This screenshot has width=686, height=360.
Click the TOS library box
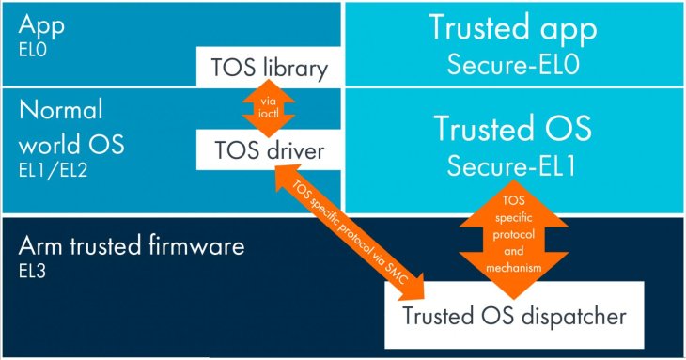[x=262, y=69]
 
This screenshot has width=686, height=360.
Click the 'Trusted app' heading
[x=514, y=27]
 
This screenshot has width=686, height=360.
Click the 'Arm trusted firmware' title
[x=133, y=247]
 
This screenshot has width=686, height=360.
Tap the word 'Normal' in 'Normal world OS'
[x=60, y=111]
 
